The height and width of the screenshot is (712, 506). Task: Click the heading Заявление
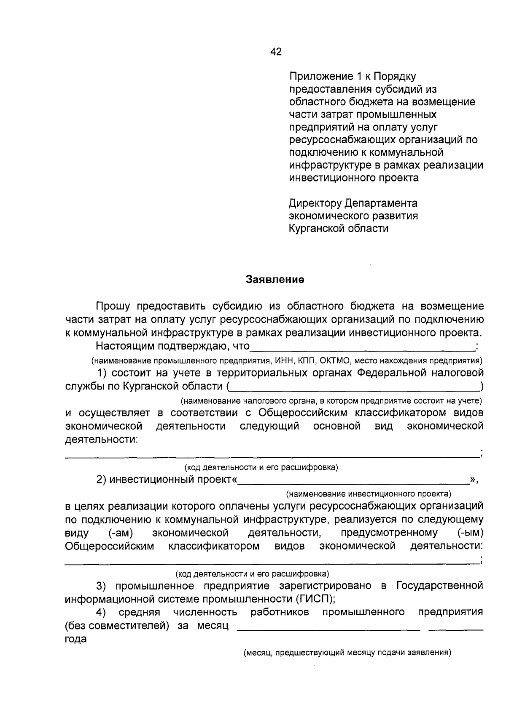[x=275, y=280]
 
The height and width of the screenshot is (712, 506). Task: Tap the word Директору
[x=315, y=203]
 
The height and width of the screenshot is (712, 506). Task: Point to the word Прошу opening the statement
[x=113, y=306]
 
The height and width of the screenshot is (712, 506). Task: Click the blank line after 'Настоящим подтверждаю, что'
[x=362, y=349]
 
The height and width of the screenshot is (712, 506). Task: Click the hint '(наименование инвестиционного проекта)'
[x=369, y=493]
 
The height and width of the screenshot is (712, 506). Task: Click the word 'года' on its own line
[x=76, y=639]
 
